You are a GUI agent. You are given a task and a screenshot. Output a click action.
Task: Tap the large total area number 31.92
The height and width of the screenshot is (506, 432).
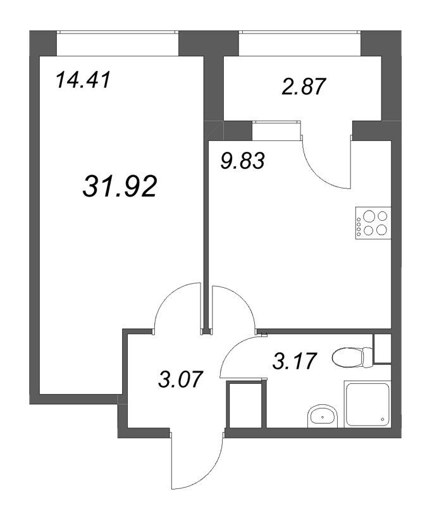point(119,186)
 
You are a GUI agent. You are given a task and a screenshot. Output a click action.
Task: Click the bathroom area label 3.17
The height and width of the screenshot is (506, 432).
point(293,361)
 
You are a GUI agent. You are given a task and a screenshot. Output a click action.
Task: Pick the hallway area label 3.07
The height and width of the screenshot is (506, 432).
point(180,380)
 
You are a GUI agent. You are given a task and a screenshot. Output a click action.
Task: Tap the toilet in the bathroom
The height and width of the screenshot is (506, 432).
point(350,357)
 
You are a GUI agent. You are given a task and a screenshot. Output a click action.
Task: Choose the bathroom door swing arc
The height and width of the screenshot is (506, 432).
point(239,354)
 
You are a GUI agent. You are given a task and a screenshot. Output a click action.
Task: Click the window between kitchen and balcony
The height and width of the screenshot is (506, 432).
point(276,130)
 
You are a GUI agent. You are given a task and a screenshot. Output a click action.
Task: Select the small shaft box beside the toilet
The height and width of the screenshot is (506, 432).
point(383,349)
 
